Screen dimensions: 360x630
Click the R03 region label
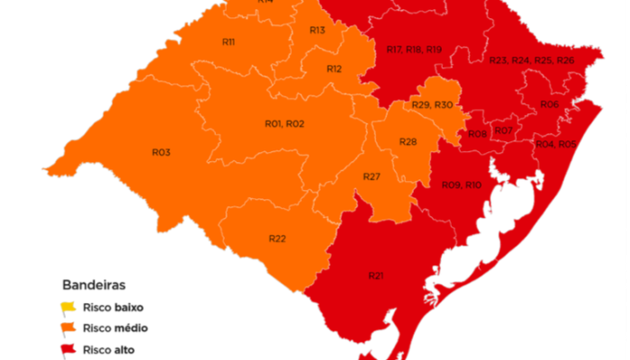tap(161, 152)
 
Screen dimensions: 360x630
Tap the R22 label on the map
tap(277, 238)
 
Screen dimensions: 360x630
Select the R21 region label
tap(376, 274)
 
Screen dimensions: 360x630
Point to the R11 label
tap(229, 42)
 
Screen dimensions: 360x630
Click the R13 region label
tap(317, 31)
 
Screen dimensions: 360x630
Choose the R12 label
tap(334, 68)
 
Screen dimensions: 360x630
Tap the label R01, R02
tap(284, 123)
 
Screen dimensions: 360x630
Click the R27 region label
tap(373, 175)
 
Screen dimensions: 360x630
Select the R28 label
tap(408, 142)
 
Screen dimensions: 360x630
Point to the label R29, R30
tap(432, 105)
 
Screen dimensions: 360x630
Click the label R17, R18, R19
tap(414, 49)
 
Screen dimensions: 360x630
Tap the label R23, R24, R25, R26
tap(531, 60)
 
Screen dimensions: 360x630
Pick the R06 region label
tap(550, 105)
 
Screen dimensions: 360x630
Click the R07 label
tap(504, 131)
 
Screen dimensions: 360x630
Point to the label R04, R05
tap(555, 144)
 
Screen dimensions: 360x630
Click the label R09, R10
tap(462, 184)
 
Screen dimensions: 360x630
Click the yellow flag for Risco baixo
tap(68, 309)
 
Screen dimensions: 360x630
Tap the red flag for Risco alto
tap(68, 348)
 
